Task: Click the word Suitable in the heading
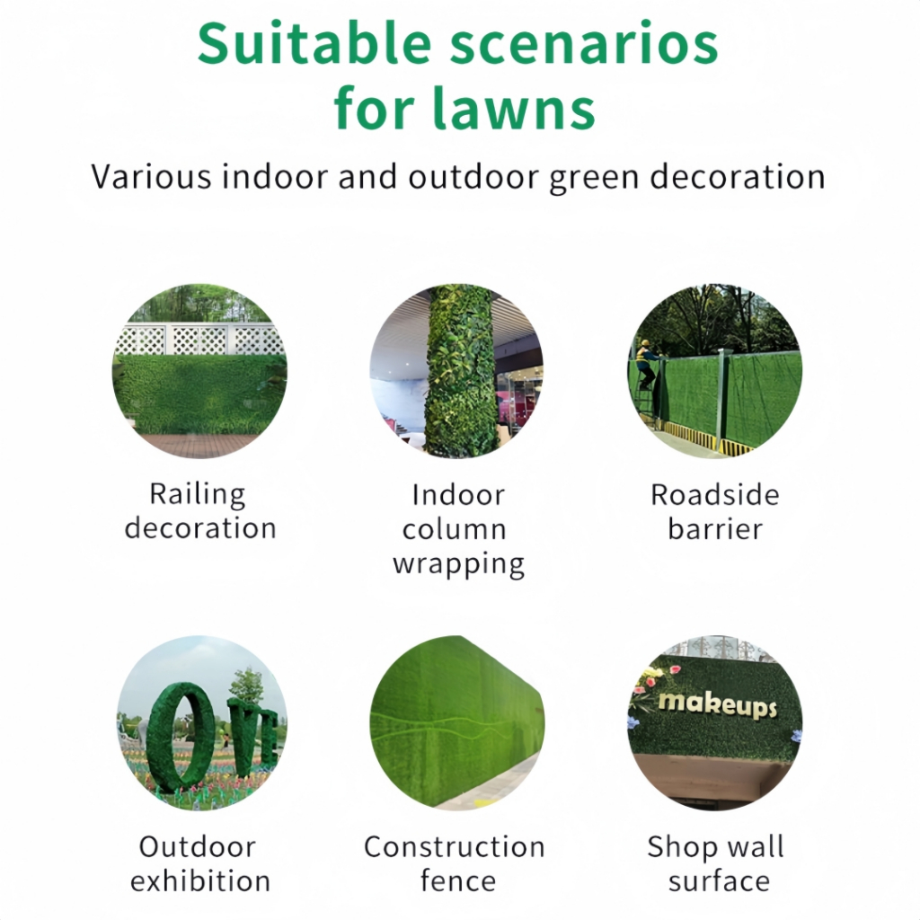coord(314,44)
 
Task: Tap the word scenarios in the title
coord(584,45)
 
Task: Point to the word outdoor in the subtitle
coord(473,177)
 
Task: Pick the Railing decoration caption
coord(200,510)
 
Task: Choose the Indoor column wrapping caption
coord(458,529)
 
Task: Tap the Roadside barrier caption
coord(714,511)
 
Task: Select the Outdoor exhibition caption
coord(199,863)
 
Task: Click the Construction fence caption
coord(455,863)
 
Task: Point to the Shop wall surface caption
coord(716,863)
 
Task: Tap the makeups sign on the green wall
coord(717,704)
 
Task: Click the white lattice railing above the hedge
coord(199,339)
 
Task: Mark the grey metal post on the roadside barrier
coord(721,399)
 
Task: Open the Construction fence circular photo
coord(457,723)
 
